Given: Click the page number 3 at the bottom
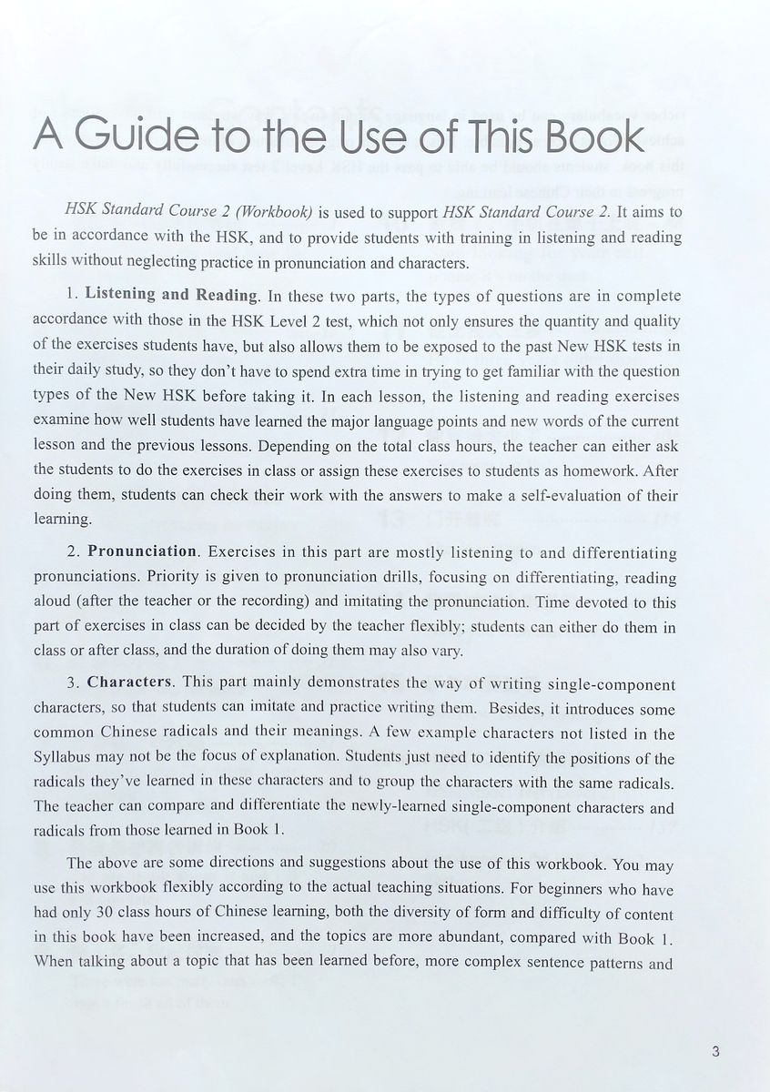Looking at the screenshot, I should click(x=717, y=1054).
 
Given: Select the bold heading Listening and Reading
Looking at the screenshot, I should click(x=171, y=295).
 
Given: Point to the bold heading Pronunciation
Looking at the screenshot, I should click(x=142, y=551).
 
